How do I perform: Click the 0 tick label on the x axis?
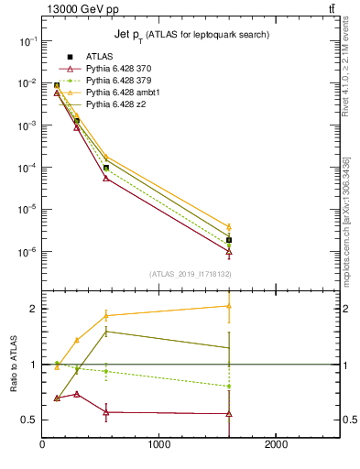pos(42,445)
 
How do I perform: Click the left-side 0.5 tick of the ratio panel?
pos(29,420)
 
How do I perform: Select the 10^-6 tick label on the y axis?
pos(26,252)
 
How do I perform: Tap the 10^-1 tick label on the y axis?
pos(26,41)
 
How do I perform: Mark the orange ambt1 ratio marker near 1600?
pos(229,306)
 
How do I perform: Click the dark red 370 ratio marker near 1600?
pos(229,413)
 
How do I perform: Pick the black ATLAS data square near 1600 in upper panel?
pos(229,240)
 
